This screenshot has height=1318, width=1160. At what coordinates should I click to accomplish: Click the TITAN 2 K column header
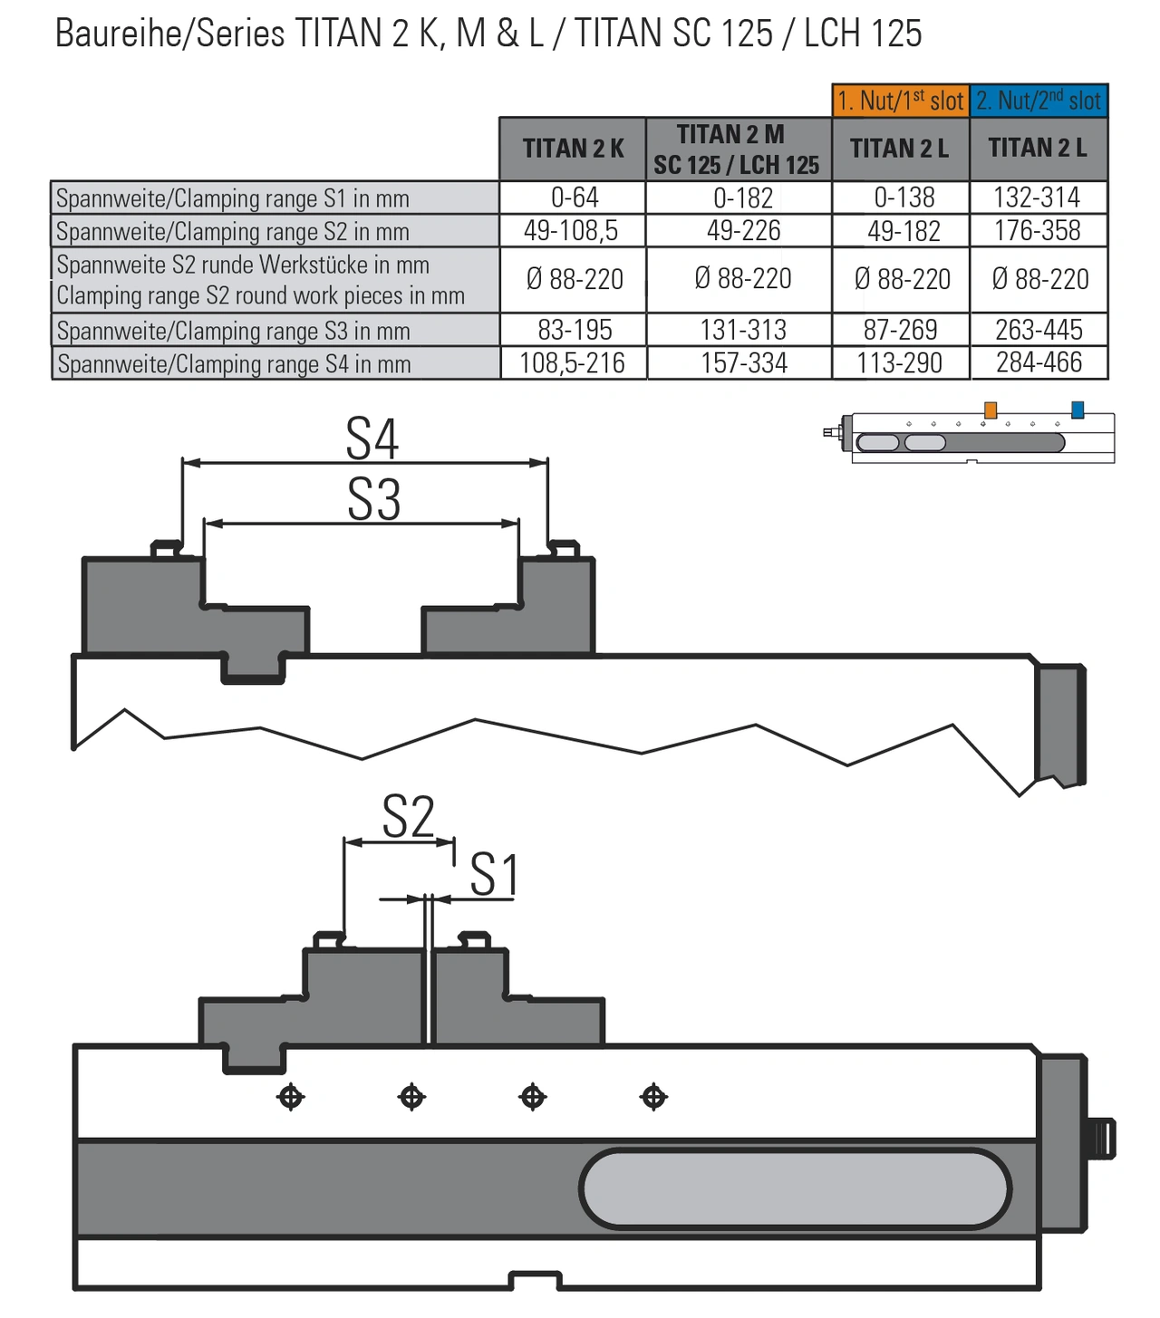(573, 149)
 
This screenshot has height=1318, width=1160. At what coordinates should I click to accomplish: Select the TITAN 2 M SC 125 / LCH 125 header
(738, 149)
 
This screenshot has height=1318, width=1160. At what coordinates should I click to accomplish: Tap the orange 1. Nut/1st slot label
(901, 101)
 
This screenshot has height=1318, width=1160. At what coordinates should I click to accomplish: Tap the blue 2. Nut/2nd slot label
(1039, 101)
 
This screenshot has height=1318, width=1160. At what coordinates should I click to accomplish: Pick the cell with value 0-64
(574, 197)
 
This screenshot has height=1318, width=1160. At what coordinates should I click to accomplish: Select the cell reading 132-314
(1038, 197)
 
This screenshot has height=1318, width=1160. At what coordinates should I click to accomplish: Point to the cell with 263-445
(1039, 330)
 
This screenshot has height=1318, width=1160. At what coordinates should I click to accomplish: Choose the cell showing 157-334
(743, 363)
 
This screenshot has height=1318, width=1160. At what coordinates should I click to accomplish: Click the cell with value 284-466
(1039, 363)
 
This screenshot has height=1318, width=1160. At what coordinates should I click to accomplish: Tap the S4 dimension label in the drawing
(372, 439)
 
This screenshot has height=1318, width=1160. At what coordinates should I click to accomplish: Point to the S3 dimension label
(373, 499)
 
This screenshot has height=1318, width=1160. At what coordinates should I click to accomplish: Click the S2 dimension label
(408, 817)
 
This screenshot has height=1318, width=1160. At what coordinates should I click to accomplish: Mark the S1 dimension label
(494, 875)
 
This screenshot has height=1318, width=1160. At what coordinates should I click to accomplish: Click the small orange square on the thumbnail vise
(991, 410)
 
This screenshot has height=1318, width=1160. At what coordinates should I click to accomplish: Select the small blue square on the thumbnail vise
(1078, 409)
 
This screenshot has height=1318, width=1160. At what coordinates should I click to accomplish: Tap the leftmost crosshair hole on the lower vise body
(291, 1097)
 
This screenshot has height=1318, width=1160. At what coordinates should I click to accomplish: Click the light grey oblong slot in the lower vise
(795, 1189)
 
